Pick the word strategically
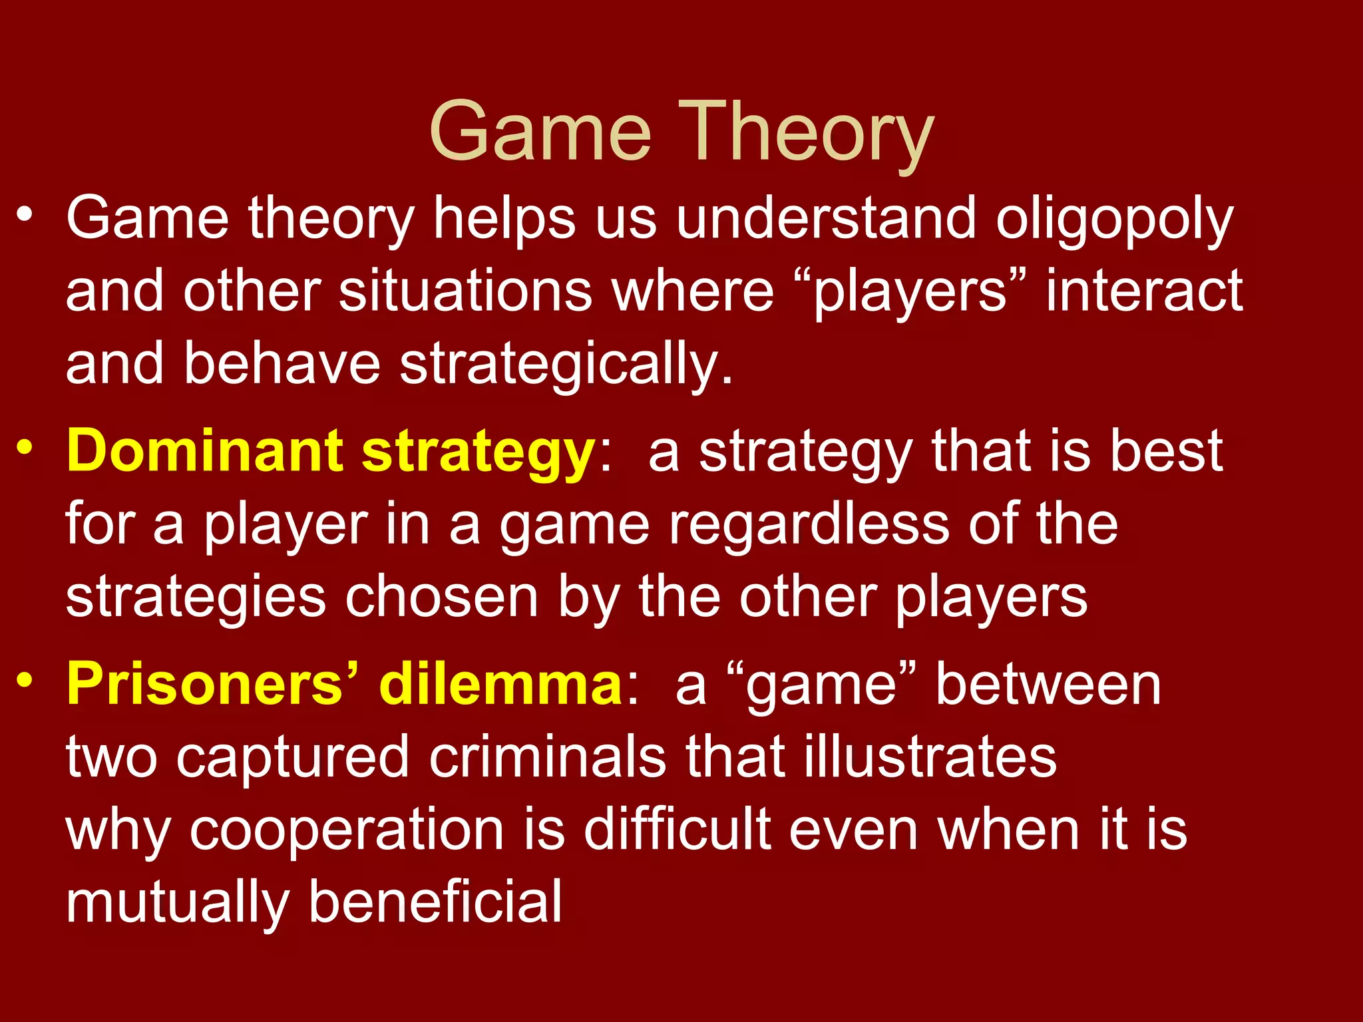[565, 365]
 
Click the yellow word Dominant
[204, 450]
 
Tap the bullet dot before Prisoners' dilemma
[25, 679]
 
